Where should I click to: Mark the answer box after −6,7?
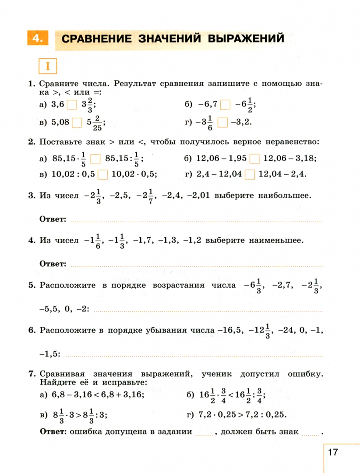click(x=226, y=105)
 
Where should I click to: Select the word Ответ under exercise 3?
click(x=53, y=219)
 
